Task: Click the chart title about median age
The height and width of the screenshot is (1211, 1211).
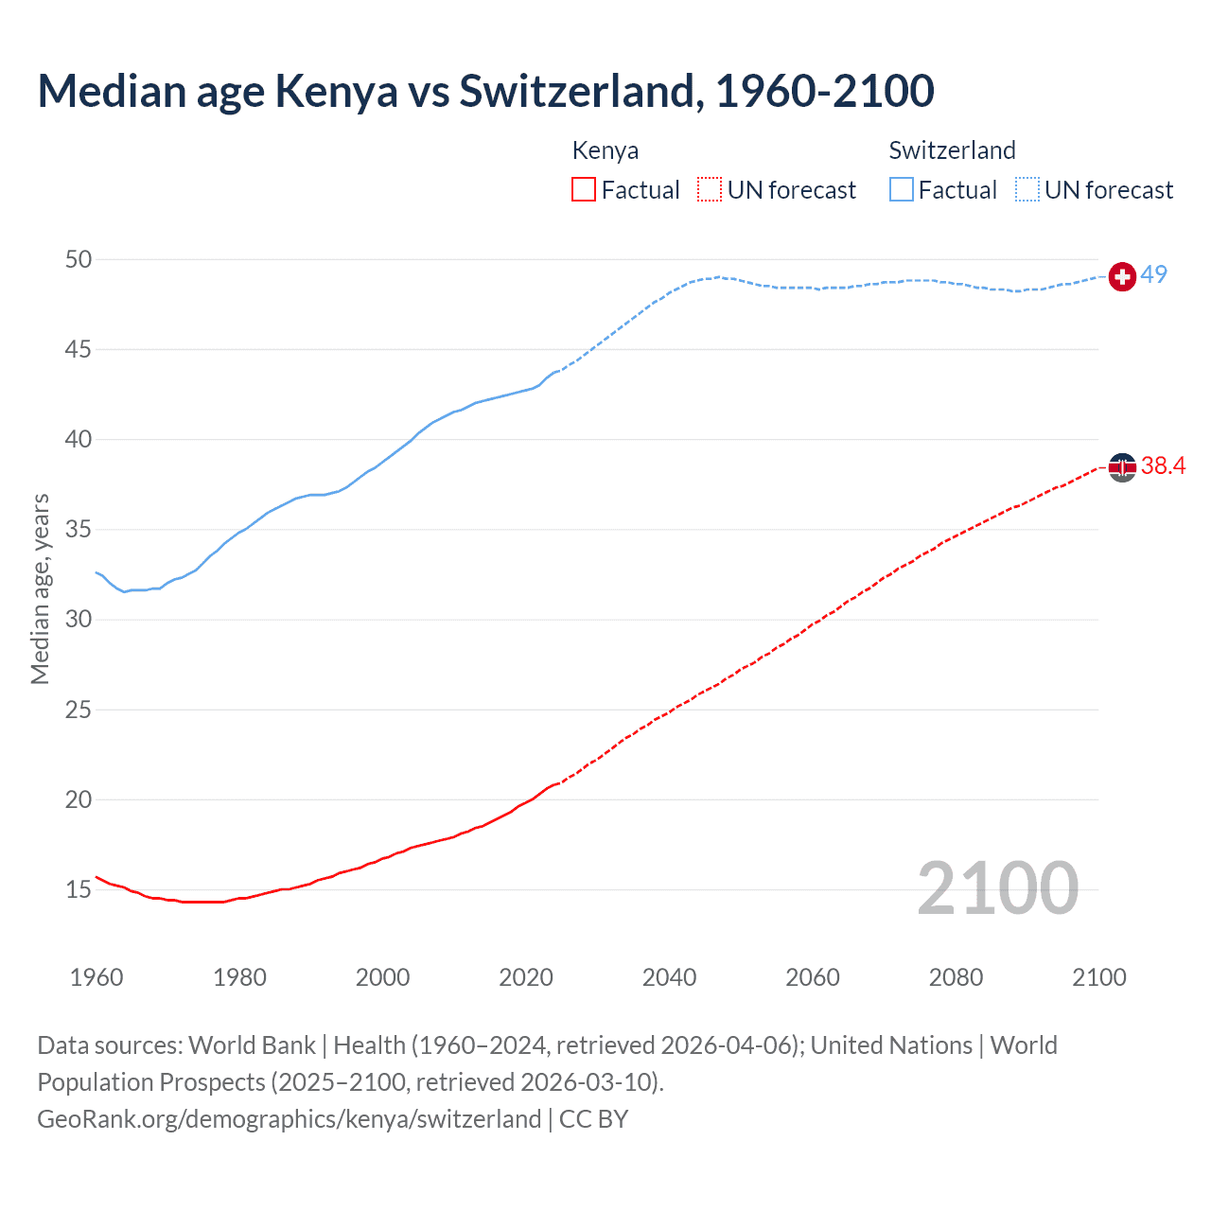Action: (485, 91)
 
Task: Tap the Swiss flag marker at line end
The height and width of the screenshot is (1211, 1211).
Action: (1122, 276)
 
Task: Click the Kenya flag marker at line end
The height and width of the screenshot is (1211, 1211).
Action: (1122, 466)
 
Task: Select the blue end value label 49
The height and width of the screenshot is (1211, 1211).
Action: (1153, 274)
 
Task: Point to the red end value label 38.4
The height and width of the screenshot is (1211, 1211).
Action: (1163, 465)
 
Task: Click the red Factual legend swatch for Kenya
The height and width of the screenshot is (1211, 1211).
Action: (584, 190)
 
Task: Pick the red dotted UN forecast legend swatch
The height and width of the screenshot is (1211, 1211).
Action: (710, 190)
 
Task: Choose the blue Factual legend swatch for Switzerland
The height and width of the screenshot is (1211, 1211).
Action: (902, 190)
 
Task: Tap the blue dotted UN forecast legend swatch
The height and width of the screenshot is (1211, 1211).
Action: (1027, 190)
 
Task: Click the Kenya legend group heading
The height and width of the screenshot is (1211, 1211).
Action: (605, 150)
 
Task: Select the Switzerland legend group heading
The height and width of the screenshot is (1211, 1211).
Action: (952, 150)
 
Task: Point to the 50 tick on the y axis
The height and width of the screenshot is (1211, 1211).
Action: (79, 259)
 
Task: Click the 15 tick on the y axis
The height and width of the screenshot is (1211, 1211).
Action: (79, 889)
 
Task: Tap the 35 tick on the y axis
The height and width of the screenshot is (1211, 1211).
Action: (79, 529)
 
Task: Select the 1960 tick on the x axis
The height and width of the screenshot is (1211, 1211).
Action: (97, 977)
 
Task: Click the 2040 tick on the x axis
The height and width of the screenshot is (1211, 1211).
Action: (669, 977)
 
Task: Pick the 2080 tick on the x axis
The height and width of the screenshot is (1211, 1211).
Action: (956, 977)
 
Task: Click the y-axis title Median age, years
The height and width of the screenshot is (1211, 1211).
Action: (40, 588)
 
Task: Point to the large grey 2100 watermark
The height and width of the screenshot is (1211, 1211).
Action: (997, 888)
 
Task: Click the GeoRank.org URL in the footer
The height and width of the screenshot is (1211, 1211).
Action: (289, 1119)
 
